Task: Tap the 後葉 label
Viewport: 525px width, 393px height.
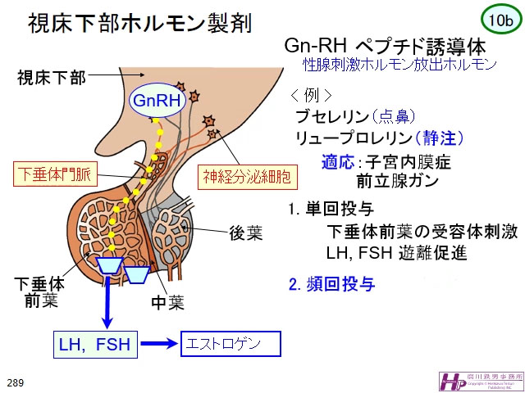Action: click(x=246, y=232)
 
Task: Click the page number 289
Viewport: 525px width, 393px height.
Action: click(x=15, y=382)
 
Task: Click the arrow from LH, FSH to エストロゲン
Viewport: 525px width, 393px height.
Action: click(x=162, y=344)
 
